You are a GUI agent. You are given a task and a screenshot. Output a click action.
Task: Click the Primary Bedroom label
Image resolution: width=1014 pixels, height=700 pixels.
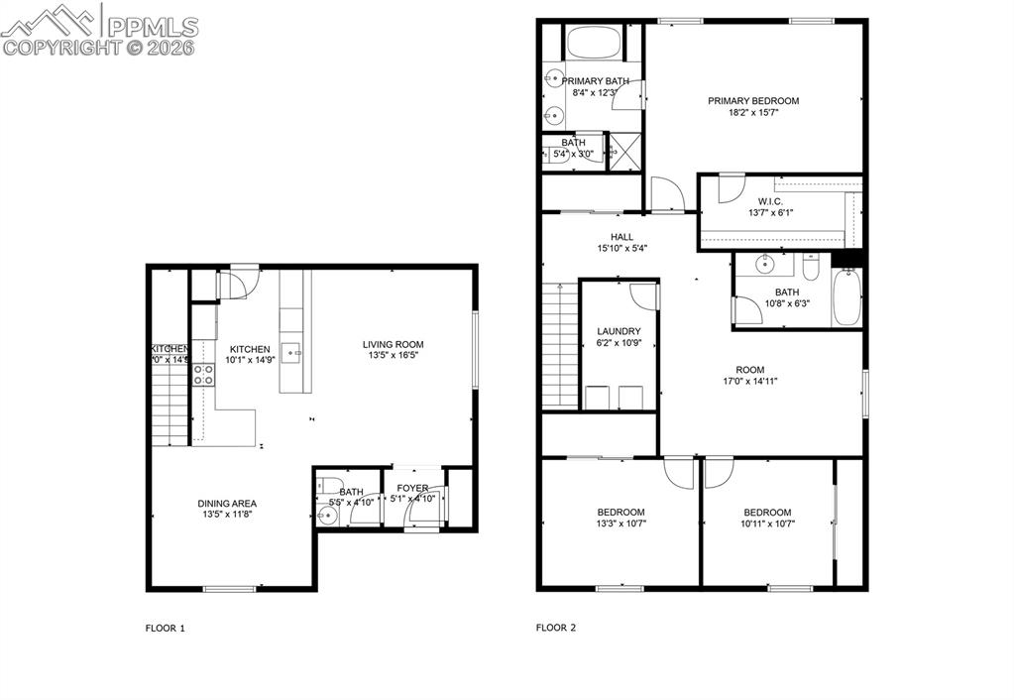tap(752, 100)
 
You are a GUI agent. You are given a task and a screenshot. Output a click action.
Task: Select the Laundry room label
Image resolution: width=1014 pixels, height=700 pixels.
tap(619, 331)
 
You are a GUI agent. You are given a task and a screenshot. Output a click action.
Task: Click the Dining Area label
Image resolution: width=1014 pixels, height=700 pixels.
tap(227, 504)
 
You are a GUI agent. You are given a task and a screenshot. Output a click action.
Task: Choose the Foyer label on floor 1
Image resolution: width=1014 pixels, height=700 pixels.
tap(412, 488)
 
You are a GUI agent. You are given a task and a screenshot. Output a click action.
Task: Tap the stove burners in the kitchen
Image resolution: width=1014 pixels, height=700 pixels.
tap(203, 374)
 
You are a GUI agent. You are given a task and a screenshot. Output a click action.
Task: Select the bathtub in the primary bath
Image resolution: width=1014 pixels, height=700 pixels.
tap(593, 44)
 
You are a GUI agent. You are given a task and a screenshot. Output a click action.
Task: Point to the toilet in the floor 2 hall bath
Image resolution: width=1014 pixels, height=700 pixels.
tap(810, 268)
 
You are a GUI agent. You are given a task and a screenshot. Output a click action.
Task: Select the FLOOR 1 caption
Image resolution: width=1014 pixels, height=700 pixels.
tap(166, 628)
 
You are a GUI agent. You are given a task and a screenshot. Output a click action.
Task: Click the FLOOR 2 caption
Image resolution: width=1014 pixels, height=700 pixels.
tap(555, 628)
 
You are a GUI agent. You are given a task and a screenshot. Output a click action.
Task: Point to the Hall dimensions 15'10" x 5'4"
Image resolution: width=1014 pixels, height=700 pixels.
tap(621, 249)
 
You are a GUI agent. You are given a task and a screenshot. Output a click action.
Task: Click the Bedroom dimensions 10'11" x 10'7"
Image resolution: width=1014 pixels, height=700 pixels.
tap(767, 524)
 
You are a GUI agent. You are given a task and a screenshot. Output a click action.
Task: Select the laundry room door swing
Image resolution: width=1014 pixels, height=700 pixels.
tap(643, 294)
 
